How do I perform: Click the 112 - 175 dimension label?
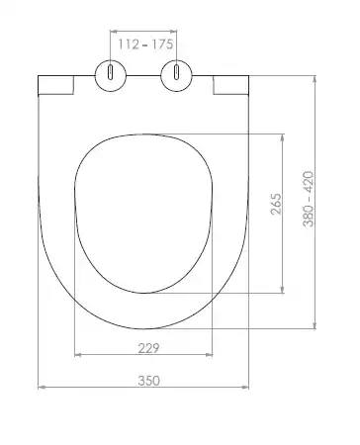coord(145,44)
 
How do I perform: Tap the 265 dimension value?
coord(276,204)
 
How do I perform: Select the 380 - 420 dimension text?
coord(309,199)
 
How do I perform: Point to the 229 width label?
coord(148,348)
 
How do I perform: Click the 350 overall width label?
coord(148,381)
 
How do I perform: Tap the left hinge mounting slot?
coord(111,72)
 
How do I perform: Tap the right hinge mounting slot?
coord(177,72)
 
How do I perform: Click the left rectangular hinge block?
coord(56,85)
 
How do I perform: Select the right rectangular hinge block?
coord(230,85)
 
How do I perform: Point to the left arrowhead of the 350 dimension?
coord(42,387)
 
